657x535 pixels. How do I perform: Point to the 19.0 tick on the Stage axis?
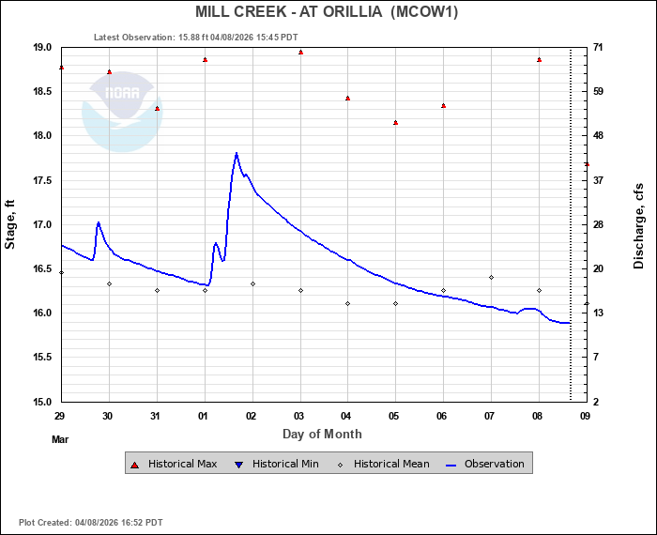(x=41, y=48)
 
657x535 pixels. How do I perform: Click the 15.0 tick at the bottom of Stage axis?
(x=41, y=402)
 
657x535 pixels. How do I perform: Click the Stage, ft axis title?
(x=11, y=224)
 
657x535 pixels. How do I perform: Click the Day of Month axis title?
(x=322, y=435)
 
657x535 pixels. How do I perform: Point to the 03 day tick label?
(x=300, y=415)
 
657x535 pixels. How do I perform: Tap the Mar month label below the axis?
(x=60, y=438)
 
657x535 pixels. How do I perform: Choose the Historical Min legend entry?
(x=283, y=464)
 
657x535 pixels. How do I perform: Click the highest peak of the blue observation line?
(x=237, y=153)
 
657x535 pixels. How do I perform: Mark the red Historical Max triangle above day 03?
(x=300, y=53)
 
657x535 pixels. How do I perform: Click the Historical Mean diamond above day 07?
(x=491, y=278)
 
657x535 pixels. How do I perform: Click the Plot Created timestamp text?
(x=90, y=523)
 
